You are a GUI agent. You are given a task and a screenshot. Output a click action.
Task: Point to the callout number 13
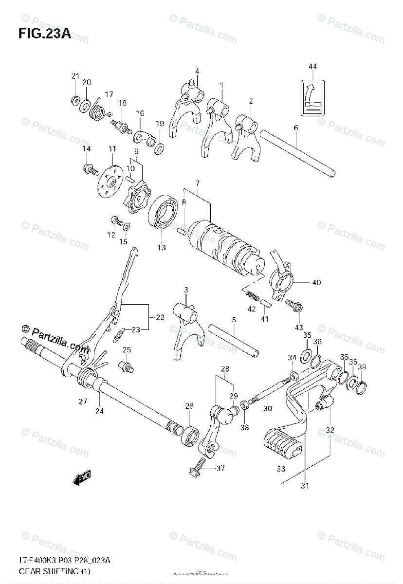161,248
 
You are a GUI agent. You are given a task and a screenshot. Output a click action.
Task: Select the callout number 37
220,468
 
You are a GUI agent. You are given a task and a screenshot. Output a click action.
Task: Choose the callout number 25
127,349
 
